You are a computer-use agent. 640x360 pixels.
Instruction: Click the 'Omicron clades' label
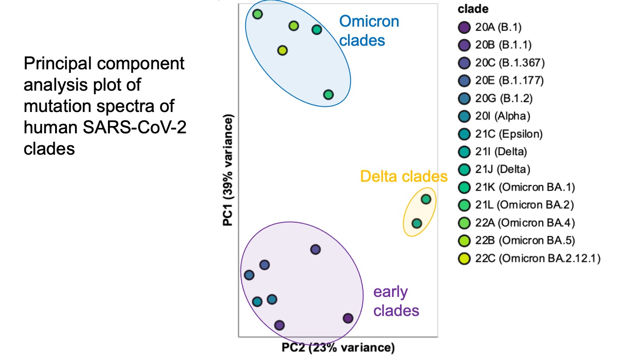tap(369, 31)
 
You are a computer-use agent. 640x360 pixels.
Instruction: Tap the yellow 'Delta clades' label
tap(404, 176)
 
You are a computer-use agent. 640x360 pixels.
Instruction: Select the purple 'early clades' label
tap(396, 301)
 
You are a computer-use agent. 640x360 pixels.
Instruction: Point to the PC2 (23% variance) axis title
tap(338, 347)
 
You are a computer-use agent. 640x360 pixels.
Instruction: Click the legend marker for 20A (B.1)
tap(464, 28)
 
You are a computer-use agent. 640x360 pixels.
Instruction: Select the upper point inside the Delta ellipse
tap(426, 199)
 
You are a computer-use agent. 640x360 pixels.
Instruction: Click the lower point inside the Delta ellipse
tap(416, 223)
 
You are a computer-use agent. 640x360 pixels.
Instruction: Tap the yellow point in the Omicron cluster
tap(282, 50)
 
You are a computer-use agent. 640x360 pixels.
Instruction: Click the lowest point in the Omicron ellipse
tap(328, 95)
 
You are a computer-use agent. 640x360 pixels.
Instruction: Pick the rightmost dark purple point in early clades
tap(348, 318)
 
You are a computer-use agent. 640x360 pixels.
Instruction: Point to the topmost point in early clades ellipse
tap(315, 250)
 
